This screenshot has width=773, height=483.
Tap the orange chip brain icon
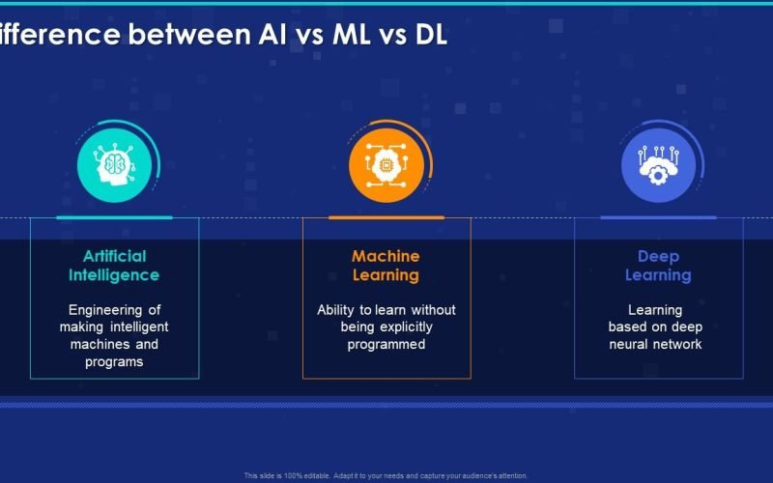click(386, 164)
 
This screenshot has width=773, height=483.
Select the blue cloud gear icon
click(658, 164)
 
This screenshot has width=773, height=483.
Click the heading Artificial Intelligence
click(114, 266)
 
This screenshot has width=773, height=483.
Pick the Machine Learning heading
click(386, 266)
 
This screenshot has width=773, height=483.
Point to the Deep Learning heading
click(658, 266)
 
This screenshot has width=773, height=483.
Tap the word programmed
click(386, 345)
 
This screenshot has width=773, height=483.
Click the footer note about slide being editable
click(386, 475)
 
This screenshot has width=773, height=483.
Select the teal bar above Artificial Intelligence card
click(114, 217)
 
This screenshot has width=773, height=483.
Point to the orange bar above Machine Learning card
click(386, 217)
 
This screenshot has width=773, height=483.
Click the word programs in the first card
click(114, 362)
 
